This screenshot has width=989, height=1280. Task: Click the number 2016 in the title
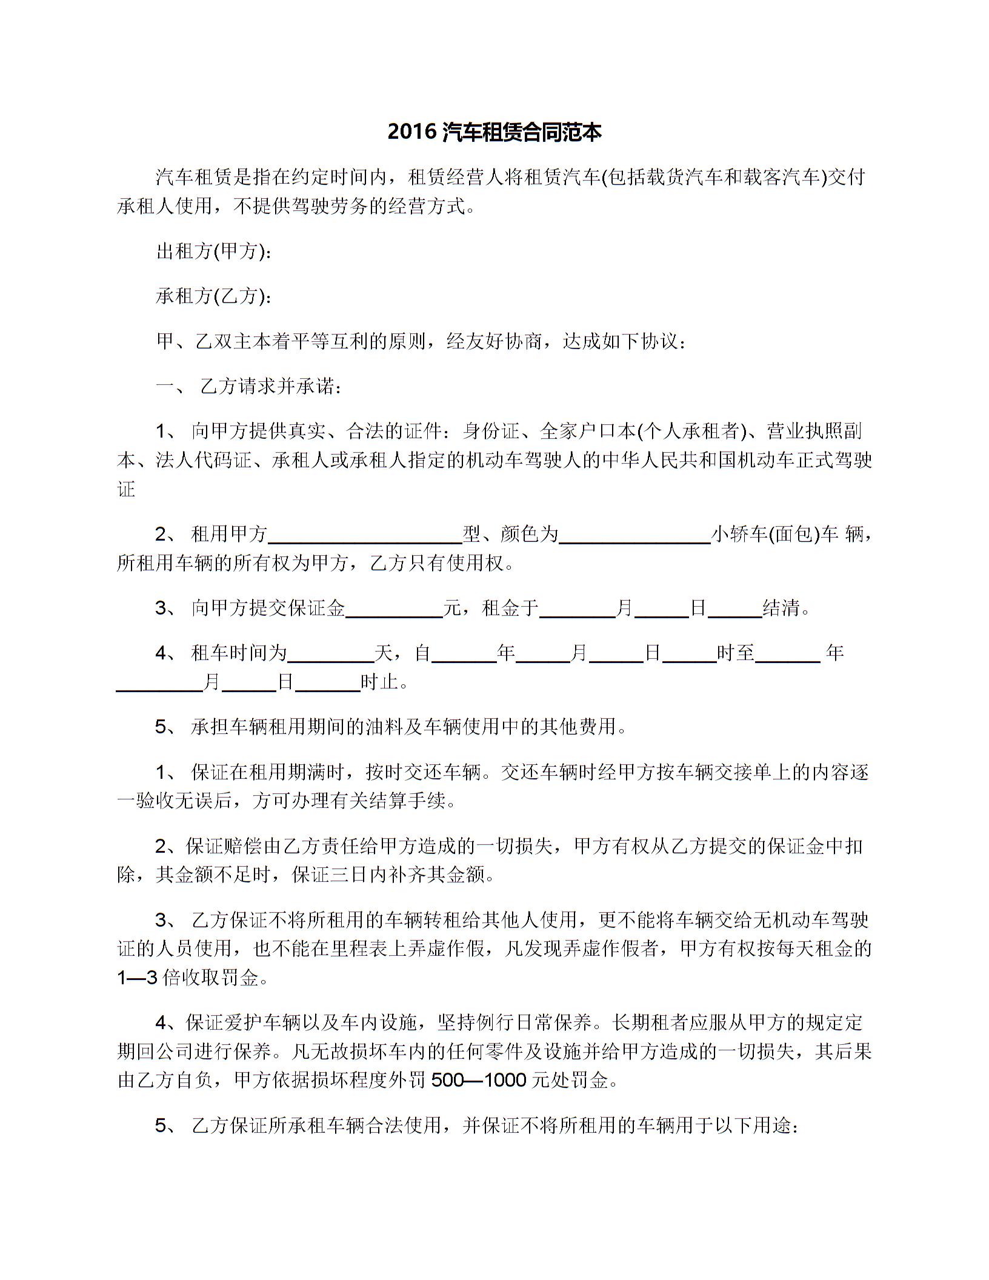412,132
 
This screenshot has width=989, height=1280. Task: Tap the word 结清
782,608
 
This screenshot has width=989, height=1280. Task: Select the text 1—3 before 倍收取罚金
138,978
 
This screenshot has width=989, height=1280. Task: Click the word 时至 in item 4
736,653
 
